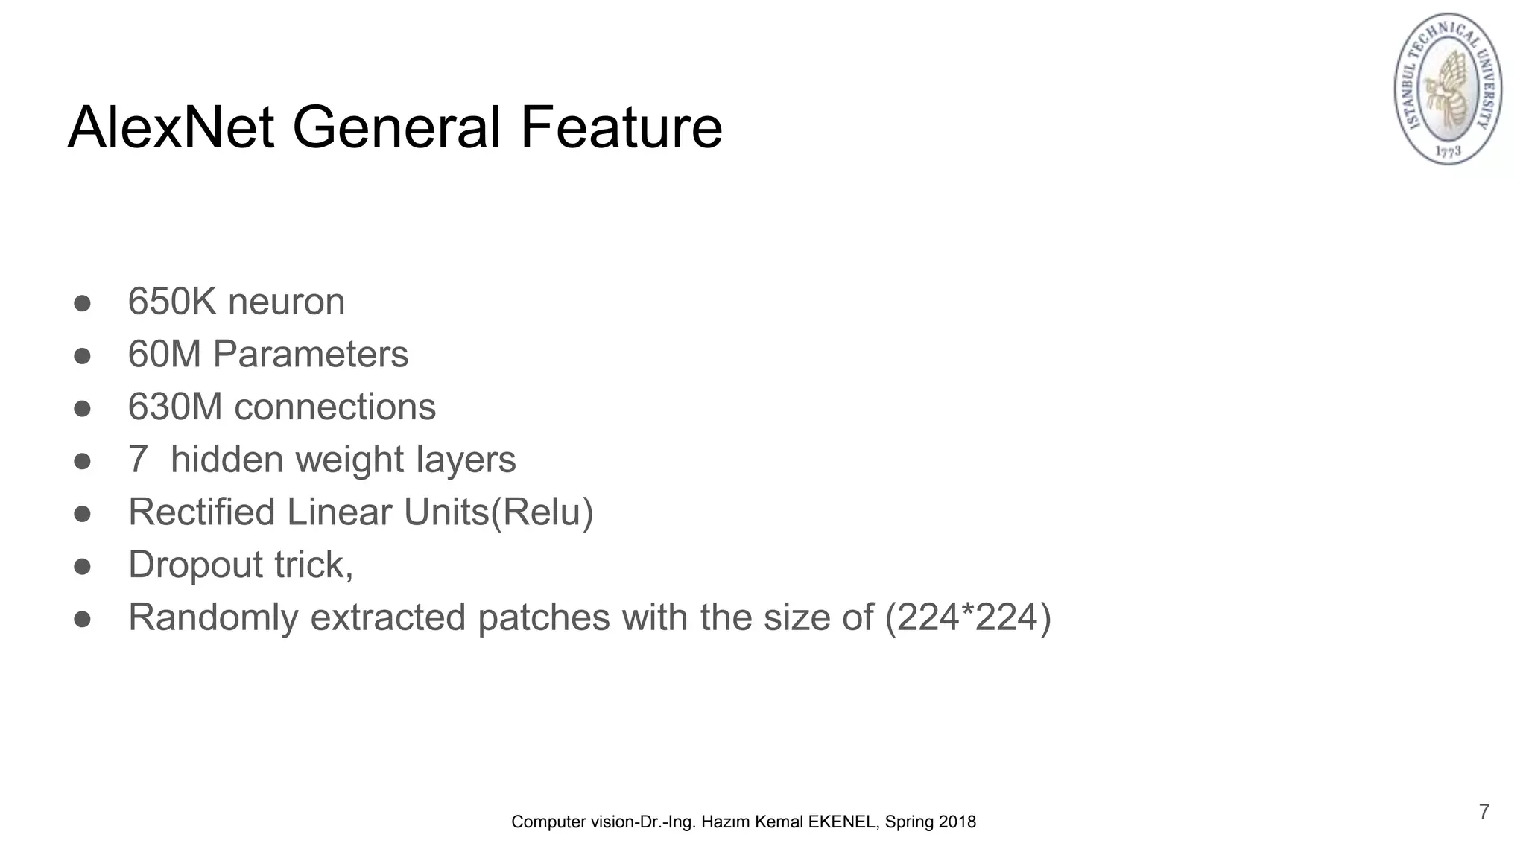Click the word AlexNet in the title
[x=171, y=127]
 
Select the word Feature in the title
[x=621, y=127]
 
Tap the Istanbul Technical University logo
[x=1448, y=89]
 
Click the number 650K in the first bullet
[x=171, y=302]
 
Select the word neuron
[x=286, y=302]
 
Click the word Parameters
[x=310, y=354]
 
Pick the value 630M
[x=174, y=407]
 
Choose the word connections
[x=335, y=407]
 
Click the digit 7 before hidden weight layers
[x=138, y=460]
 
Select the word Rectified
[x=201, y=512]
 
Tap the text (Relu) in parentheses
[x=542, y=512]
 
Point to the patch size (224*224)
[x=967, y=617]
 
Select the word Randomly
[x=213, y=617]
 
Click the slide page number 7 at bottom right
[x=1484, y=811]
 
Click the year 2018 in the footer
[x=957, y=822]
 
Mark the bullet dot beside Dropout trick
[x=82, y=566]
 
